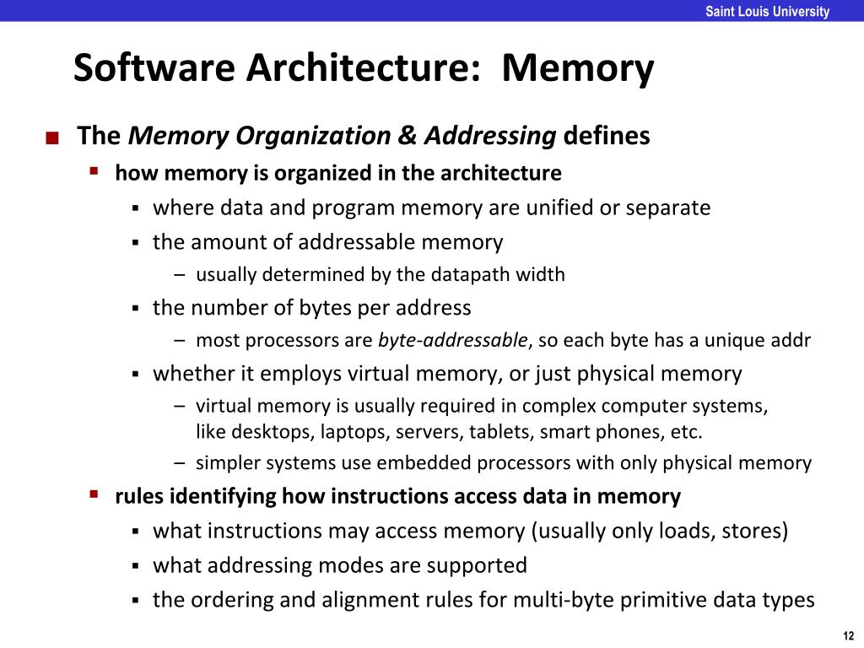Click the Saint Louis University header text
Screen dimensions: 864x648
tap(767, 12)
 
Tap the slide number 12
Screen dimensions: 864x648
tap(848, 635)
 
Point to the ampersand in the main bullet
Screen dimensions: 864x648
tap(408, 136)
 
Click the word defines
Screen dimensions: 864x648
tap(607, 136)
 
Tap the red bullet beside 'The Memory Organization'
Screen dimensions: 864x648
tap(52, 138)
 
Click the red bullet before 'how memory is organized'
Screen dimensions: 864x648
tap(94, 171)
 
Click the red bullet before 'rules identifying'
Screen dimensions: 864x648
tap(94, 494)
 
